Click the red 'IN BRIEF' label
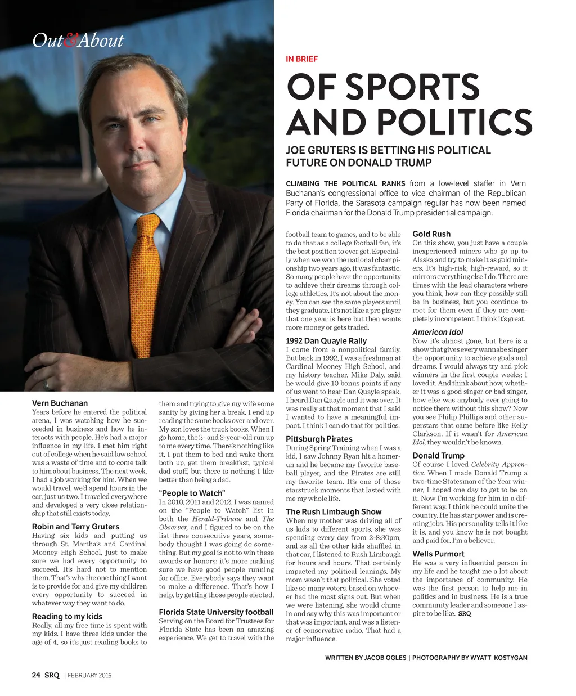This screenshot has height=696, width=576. pos(301,59)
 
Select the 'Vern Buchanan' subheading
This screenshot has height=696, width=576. pos(60,403)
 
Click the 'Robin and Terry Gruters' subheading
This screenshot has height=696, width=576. pos(75,527)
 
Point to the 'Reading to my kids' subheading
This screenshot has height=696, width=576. pos(67,617)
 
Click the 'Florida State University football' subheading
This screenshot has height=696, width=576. pos(216,612)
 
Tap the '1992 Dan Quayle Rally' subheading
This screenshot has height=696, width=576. pos(326,341)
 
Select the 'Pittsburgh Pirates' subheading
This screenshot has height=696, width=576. pos(319,439)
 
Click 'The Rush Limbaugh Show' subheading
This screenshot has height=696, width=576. pos(334,512)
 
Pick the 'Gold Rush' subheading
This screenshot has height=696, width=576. pos(431,234)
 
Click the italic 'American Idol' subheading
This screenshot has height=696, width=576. pos(438,332)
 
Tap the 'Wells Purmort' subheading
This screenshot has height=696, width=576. pos(438,554)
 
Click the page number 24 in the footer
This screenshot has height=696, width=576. pos(36,675)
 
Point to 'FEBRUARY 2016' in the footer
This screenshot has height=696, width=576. pos(89,676)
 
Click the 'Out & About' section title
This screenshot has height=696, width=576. pos(78,41)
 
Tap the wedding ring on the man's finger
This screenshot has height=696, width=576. pos(46,385)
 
